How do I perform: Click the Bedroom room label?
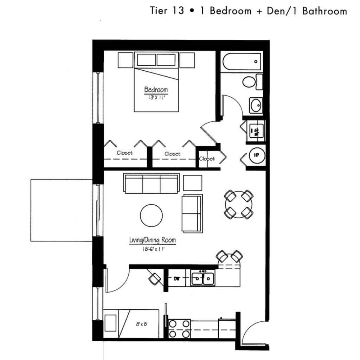[x=156, y=90]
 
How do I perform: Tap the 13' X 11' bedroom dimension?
[x=156, y=97]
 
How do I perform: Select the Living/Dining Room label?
[x=153, y=240]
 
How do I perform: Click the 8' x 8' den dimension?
[x=142, y=324]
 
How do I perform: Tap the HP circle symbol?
[x=257, y=155]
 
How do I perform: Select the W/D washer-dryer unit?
[x=256, y=131]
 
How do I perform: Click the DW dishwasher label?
[x=177, y=279]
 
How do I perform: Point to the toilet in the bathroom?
[x=252, y=82]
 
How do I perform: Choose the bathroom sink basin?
[x=256, y=105]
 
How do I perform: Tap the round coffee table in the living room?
[x=151, y=216]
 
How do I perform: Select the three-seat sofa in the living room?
[x=152, y=184]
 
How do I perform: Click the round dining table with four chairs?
[x=239, y=204]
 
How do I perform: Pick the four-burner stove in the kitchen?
[x=179, y=329]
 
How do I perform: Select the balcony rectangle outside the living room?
[x=62, y=210]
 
